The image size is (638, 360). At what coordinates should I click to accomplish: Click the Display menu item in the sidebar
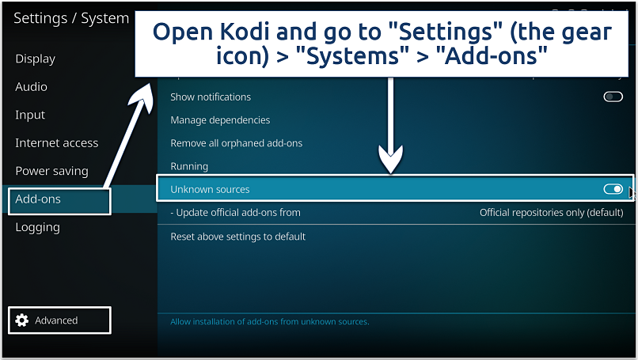(36, 59)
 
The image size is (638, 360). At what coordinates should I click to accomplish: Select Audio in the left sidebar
(32, 87)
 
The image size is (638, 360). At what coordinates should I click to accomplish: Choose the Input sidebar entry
(30, 115)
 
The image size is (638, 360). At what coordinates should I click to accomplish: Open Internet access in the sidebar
(57, 143)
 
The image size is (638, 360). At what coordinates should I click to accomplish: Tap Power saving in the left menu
(52, 171)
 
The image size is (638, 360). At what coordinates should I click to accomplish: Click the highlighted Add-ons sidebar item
(38, 199)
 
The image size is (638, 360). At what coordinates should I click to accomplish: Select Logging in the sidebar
(38, 227)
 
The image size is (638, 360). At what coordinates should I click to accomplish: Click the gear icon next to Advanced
(22, 320)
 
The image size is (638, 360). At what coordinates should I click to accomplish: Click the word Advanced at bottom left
(56, 320)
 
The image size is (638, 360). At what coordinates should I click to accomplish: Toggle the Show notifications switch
(613, 97)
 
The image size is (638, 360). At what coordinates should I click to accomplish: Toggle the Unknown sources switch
(613, 189)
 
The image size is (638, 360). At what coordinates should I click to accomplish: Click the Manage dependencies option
(220, 120)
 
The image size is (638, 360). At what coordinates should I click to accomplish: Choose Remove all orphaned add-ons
(237, 143)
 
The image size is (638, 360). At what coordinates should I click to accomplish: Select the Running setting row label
(189, 166)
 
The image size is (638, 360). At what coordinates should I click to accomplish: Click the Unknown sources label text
(210, 190)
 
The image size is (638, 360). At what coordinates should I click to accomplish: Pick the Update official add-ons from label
(236, 213)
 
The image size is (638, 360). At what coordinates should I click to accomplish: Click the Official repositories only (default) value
(551, 213)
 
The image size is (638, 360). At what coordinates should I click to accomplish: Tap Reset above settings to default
(238, 237)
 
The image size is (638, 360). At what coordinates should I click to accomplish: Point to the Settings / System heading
(71, 18)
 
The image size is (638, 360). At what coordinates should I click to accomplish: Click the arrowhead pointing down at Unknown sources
(390, 162)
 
